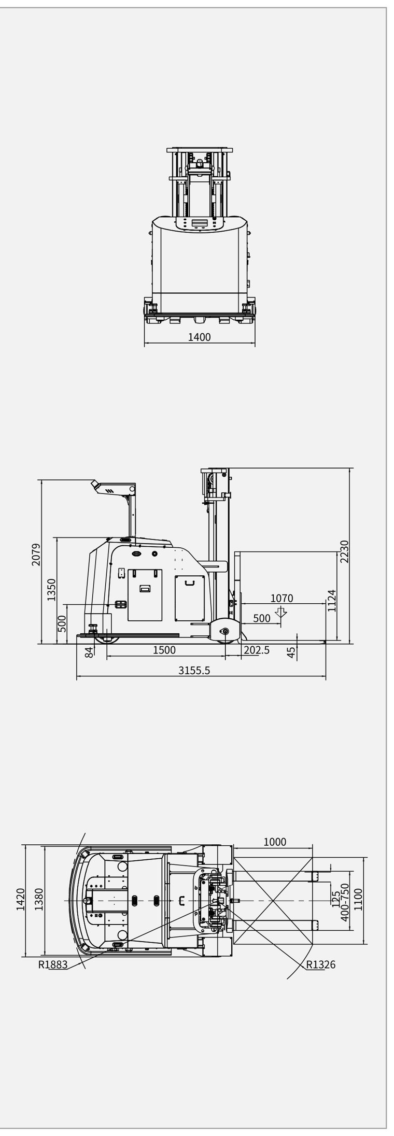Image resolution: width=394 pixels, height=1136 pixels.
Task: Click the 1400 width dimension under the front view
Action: (x=199, y=337)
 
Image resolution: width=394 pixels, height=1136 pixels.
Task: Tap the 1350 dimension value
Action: (x=51, y=590)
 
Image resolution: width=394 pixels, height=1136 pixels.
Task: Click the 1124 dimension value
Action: (x=332, y=601)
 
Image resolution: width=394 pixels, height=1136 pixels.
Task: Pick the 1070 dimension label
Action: (x=282, y=598)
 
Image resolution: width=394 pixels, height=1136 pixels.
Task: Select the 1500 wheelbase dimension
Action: (x=164, y=650)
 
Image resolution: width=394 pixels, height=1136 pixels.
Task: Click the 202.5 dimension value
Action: (x=257, y=650)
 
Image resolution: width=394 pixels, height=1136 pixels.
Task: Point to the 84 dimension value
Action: (x=89, y=652)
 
